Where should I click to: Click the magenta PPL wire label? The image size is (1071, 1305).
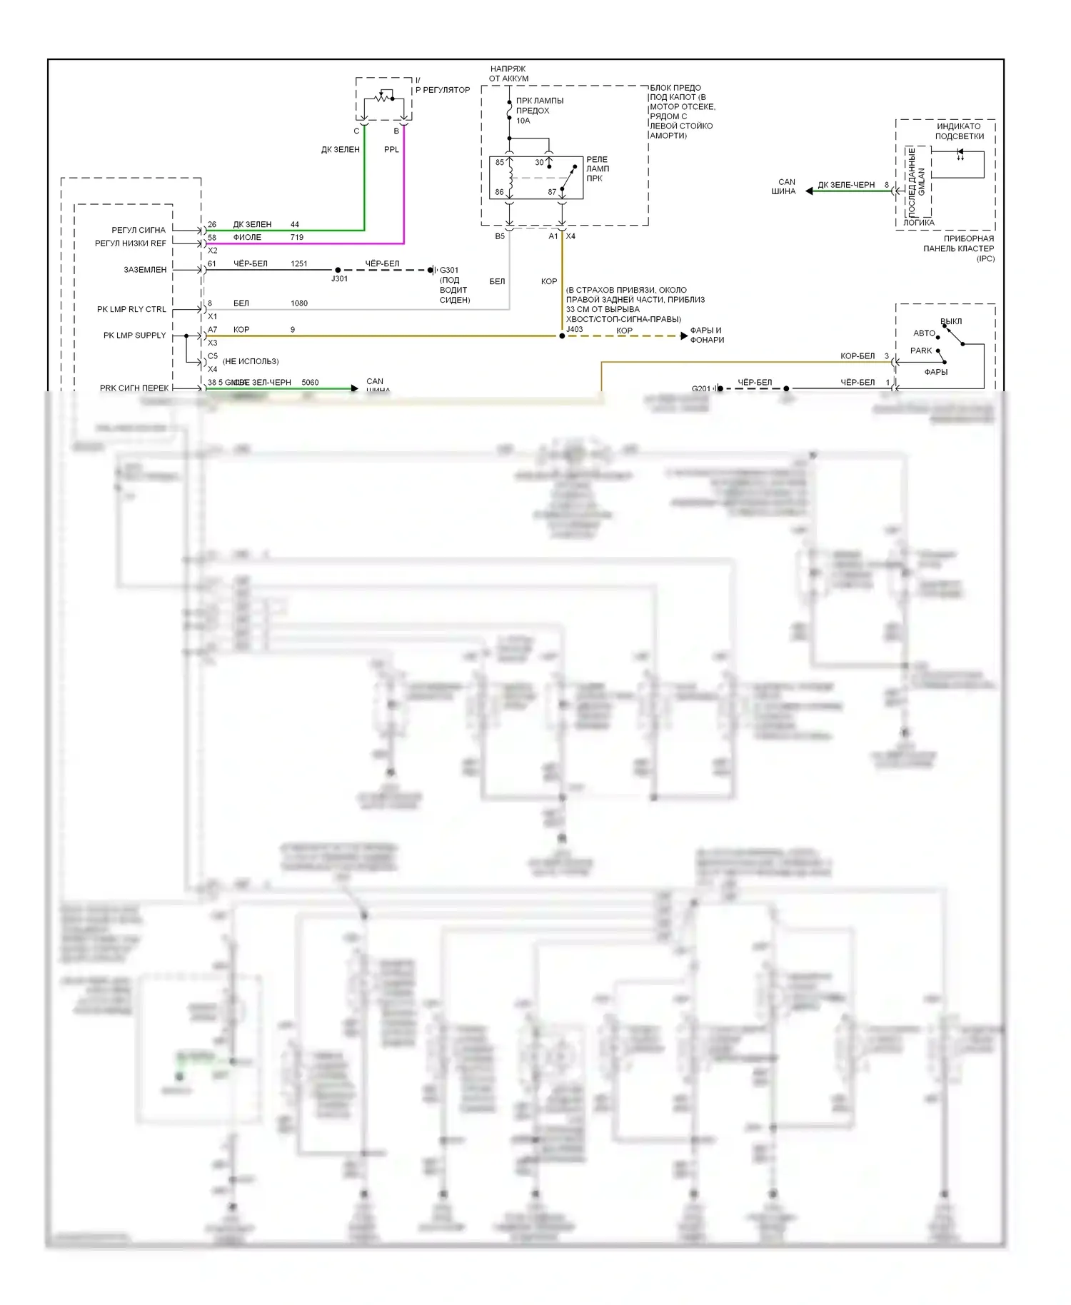391,150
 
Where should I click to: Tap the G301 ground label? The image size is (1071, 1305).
449,271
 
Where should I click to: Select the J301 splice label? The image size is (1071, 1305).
339,279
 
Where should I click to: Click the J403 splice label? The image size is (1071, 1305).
575,330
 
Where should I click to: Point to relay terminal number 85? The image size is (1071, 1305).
500,163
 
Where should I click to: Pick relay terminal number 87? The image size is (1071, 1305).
552,192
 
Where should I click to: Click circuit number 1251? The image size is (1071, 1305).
299,264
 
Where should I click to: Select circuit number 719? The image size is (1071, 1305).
297,238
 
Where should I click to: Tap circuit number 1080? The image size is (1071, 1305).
299,303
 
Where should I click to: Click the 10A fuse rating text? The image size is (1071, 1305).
523,121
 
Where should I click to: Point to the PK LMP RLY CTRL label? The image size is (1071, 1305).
131,310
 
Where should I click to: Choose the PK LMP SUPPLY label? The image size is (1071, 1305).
134,336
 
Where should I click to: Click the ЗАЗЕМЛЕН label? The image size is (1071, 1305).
145,270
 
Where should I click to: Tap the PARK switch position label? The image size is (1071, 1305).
921,351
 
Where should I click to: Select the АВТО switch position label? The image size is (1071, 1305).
924,333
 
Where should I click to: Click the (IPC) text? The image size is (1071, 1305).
985,258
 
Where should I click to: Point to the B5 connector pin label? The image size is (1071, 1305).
500,237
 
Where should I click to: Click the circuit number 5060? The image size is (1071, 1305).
310,383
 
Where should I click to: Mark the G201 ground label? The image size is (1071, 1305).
701,389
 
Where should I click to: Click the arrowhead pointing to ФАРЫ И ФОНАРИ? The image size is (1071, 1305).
684,336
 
